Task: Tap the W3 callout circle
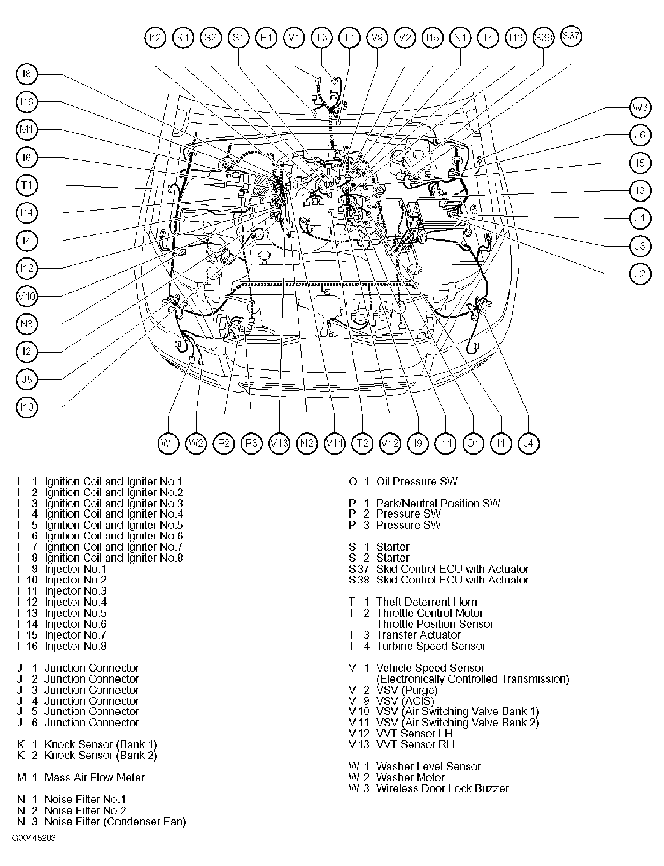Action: (640, 107)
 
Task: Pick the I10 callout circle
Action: (27, 407)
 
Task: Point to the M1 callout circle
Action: (27, 130)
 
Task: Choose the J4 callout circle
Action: (528, 443)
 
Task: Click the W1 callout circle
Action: (169, 443)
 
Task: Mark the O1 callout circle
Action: (473, 443)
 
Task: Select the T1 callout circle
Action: (27, 185)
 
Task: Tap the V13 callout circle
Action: (279, 443)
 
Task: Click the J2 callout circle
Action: (640, 274)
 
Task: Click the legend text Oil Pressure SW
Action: (416, 482)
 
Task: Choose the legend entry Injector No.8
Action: (76, 646)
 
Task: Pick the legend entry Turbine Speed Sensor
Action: (430, 646)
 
